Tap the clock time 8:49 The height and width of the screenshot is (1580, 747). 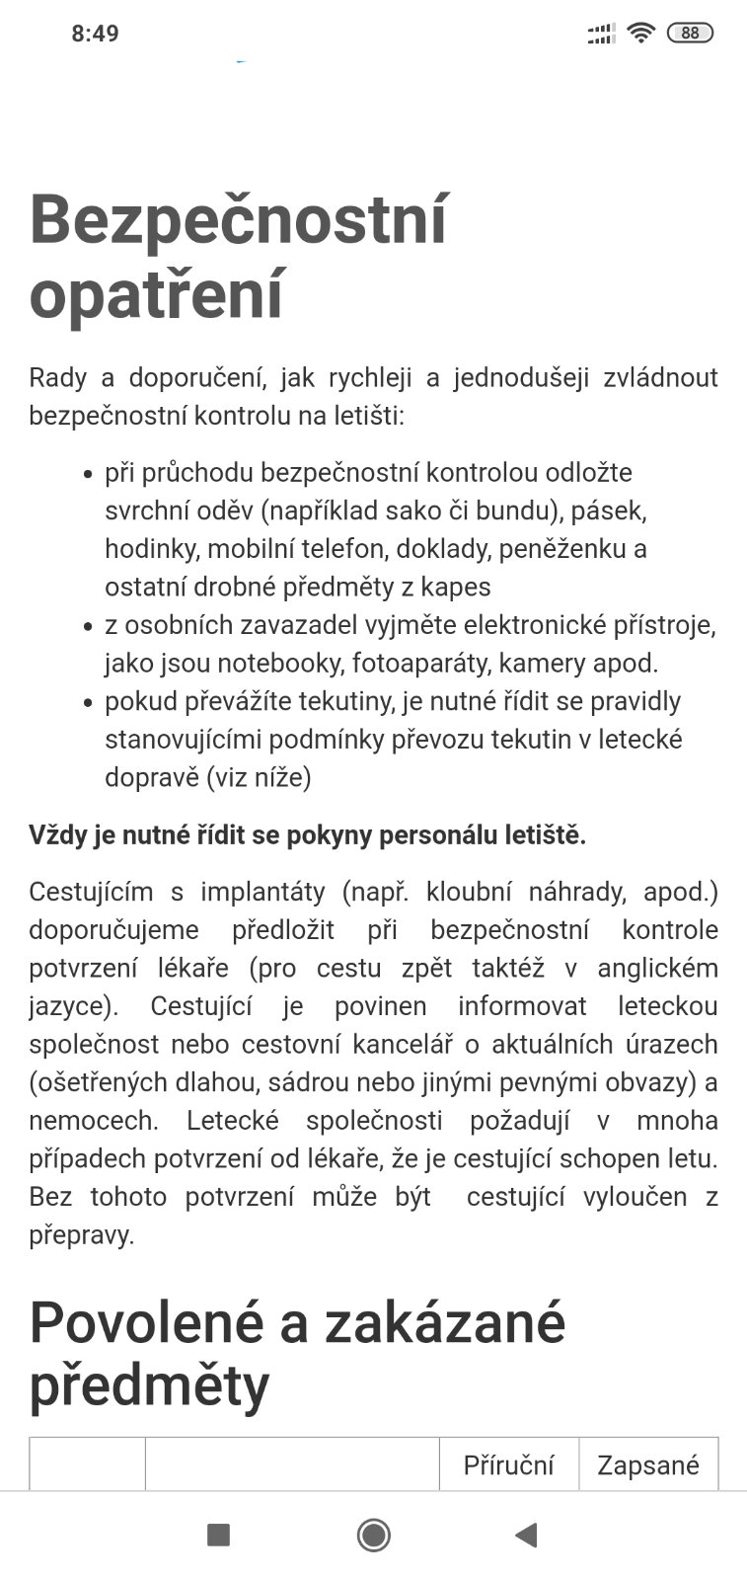(x=95, y=34)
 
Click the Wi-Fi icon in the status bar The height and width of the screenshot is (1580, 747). (x=641, y=34)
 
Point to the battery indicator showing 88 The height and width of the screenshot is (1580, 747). (x=690, y=34)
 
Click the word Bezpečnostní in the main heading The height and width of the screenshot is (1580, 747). (x=238, y=219)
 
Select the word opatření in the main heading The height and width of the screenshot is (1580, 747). (x=156, y=293)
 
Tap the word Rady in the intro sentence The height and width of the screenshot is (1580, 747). (x=57, y=378)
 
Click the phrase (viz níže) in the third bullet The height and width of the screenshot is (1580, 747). (x=259, y=777)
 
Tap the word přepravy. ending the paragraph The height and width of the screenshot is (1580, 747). (x=81, y=1235)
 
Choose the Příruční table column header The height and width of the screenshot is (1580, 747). (x=508, y=1465)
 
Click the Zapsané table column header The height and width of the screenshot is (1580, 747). (x=648, y=1465)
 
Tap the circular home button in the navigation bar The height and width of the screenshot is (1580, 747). (x=373, y=1535)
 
